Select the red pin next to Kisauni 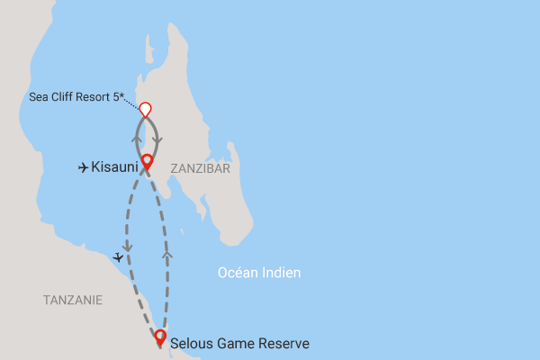(x=146, y=164)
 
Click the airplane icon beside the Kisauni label (x=84, y=166)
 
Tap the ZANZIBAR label (x=201, y=168)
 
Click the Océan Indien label (x=259, y=273)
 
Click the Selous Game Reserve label (x=239, y=343)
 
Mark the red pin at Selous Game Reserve (x=160, y=337)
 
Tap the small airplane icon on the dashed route (x=119, y=256)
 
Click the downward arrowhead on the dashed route (x=127, y=245)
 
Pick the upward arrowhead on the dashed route (x=167, y=256)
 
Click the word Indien (x=282, y=273)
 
